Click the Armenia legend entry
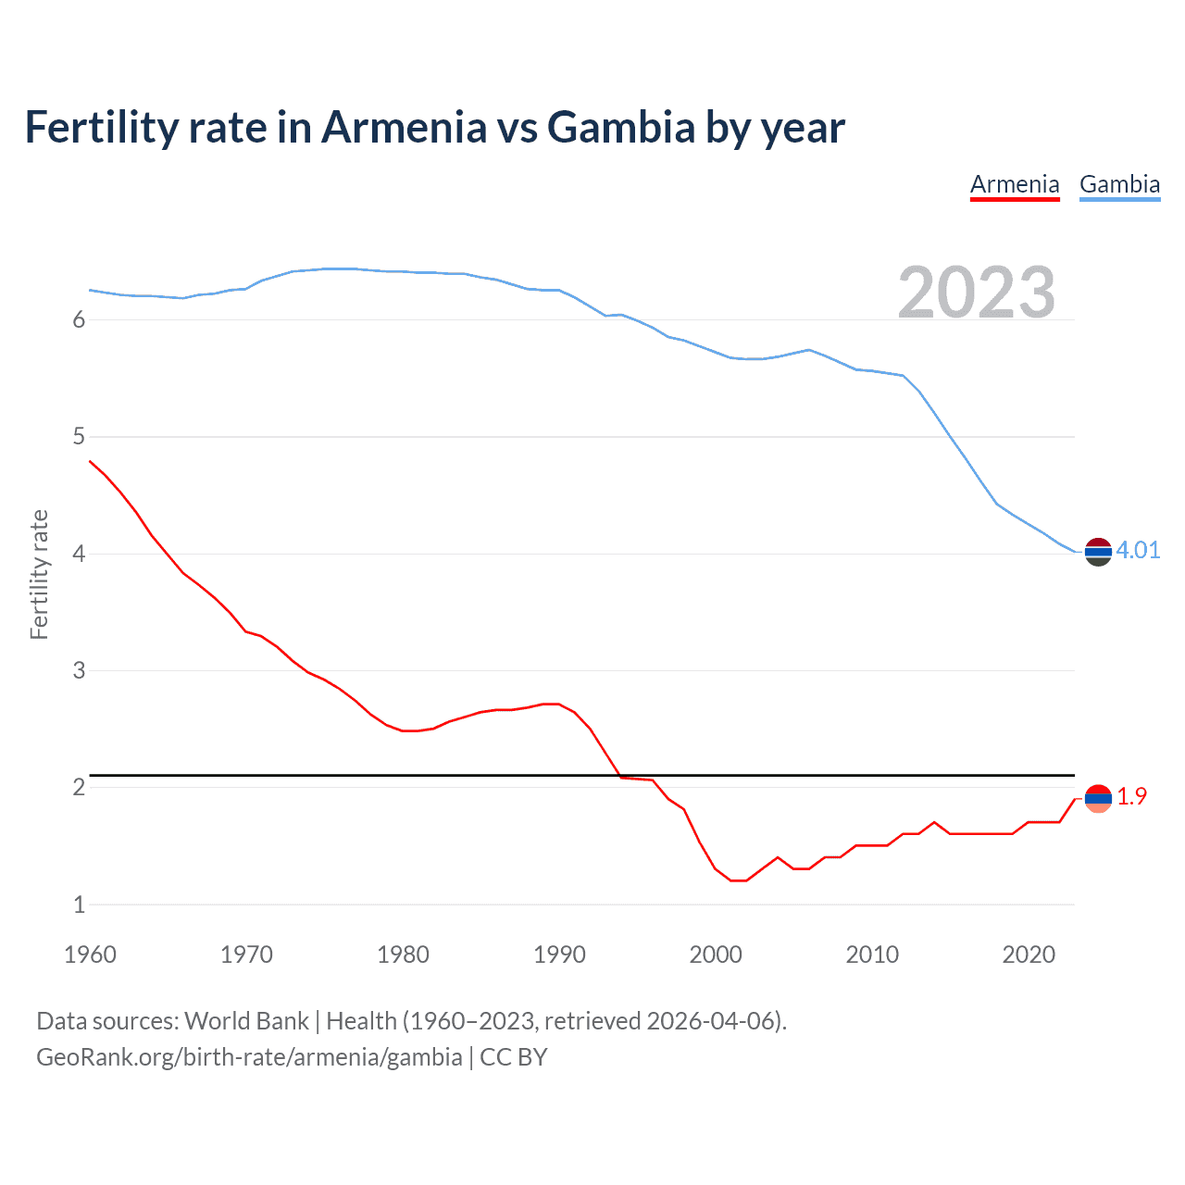(1015, 184)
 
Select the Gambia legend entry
(1119, 184)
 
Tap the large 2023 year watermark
(977, 293)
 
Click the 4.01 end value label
(1138, 550)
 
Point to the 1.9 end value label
(1131, 796)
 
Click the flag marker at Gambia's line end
(1098, 552)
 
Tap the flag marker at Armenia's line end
(1098, 798)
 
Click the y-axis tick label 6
(79, 320)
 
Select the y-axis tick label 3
(79, 670)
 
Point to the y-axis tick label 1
(79, 904)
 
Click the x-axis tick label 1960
(90, 954)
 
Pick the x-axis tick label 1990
(559, 954)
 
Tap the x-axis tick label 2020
(1029, 954)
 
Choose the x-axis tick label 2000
(716, 954)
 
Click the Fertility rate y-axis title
(39, 574)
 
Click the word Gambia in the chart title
(620, 128)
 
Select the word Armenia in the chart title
(403, 128)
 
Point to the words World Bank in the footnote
(246, 1021)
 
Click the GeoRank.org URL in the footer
(249, 1057)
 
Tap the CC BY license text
(514, 1057)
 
